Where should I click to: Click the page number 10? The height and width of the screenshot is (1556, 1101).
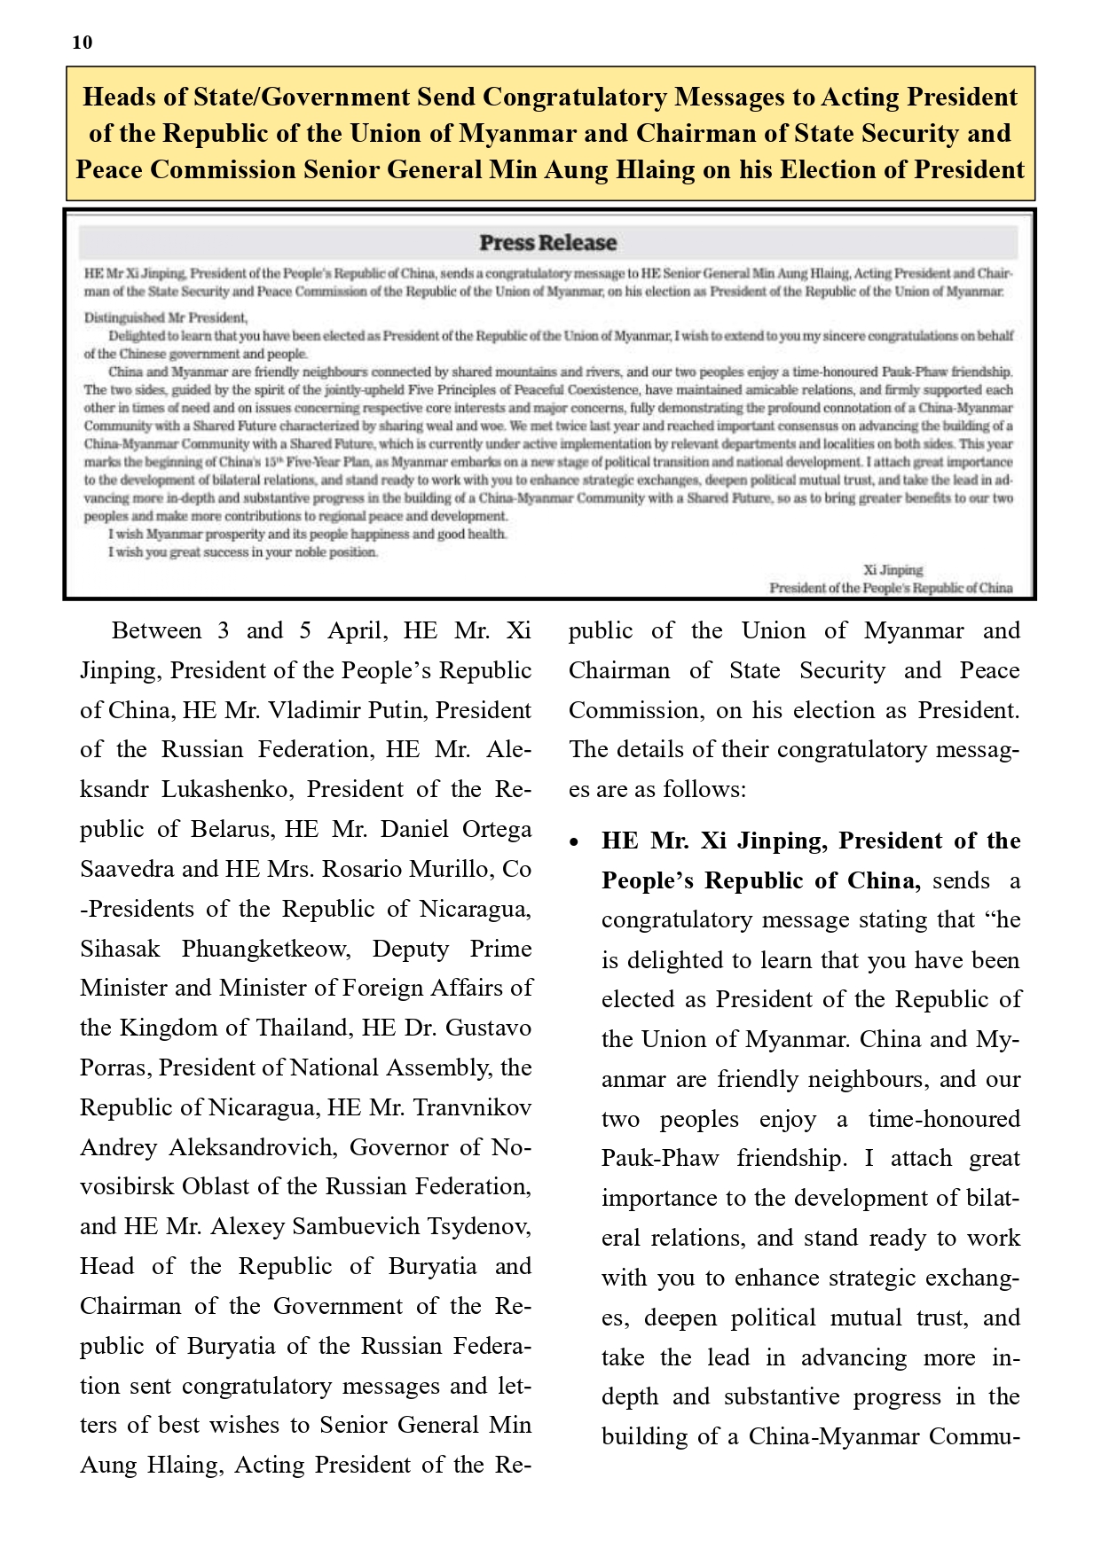82,43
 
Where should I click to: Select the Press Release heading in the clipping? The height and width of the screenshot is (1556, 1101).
547,243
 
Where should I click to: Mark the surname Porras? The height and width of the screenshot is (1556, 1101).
115,1067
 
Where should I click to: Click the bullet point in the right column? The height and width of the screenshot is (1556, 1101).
577,841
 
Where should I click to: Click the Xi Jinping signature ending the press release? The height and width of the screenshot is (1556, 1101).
893,570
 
